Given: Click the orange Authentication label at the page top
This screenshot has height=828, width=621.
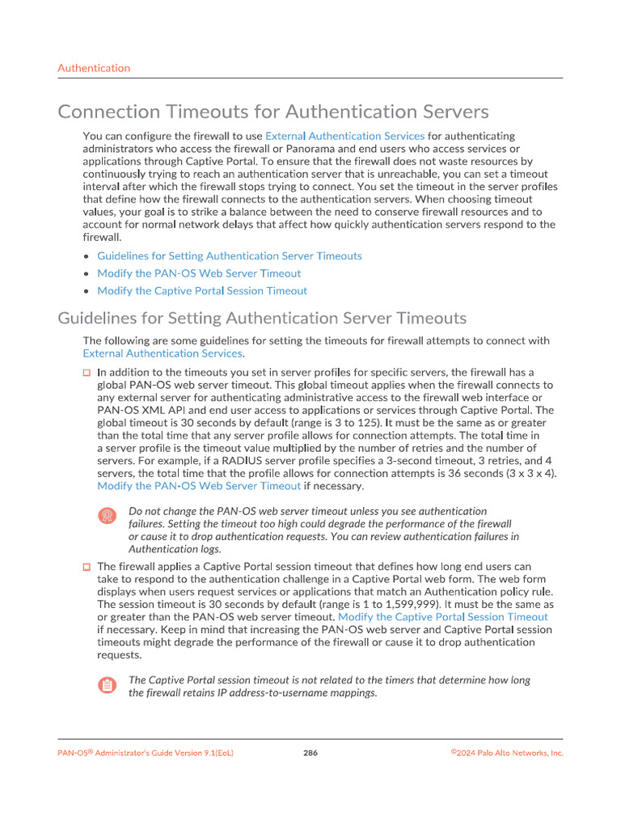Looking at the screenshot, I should pyautogui.click(x=94, y=68).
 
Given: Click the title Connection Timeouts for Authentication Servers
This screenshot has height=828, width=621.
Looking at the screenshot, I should pyautogui.click(x=273, y=111).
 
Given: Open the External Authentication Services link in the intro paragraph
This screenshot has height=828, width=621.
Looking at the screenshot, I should pyautogui.click(x=344, y=136).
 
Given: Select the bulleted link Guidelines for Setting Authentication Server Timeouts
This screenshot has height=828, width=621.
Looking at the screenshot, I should pyautogui.click(x=230, y=256).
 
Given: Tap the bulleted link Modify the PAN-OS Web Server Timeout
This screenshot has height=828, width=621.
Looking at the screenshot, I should pyautogui.click(x=199, y=273).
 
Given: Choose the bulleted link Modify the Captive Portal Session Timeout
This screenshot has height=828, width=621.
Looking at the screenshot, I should pyautogui.click(x=202, y=291).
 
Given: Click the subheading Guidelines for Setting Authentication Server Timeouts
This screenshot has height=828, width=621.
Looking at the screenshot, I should pyautogui.click(x=262, y=318).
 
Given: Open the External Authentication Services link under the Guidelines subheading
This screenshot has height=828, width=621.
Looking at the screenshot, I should pyautogui.click(x=163, y=353).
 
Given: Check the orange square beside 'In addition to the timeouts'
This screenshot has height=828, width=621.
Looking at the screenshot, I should pyautogui.click(x=87, y=373).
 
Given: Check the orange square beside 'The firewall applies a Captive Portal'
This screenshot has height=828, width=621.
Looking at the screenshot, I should pyautogui.click(x=87, y=567).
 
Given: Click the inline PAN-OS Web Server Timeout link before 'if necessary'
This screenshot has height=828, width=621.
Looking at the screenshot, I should pyautogui.click(x=199, y=486).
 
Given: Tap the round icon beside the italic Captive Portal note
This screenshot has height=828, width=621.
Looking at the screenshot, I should pyautogui.click(x=107, y=686).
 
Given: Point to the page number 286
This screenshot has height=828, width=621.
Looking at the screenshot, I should pyautogui.click(x=310, y=753).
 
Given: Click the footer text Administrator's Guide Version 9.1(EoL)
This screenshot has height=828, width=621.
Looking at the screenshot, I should pyautogui.click(x=165, y=753).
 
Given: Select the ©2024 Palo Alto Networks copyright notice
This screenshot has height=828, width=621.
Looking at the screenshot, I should pyautogui.click(x=507, y=753).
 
